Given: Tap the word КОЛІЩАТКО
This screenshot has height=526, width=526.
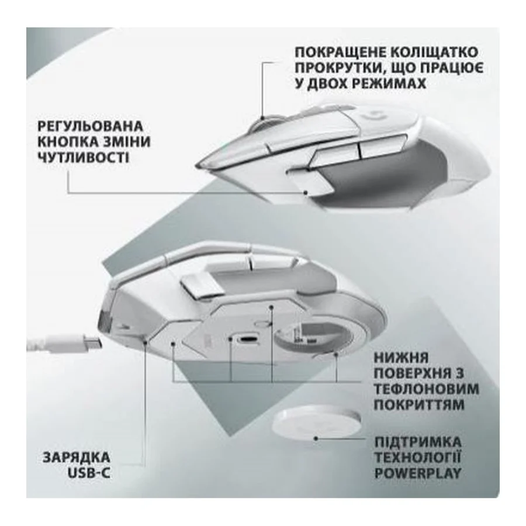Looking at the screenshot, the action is (x=435, y=53).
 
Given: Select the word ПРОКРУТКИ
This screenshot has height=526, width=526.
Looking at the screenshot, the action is (x=337, y=68).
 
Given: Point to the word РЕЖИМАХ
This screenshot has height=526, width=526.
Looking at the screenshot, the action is (x=389, y=84).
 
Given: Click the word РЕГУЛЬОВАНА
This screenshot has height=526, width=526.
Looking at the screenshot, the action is (x=90, y=126).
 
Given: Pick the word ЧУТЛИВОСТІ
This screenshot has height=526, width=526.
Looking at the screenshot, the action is (x=83, y=157).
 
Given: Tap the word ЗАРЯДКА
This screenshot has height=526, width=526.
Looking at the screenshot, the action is (x=77, y=458).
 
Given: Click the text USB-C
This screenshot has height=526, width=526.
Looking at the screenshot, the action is (x=89, y=473).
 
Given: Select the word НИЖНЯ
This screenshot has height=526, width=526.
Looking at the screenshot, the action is (x=401, y=358).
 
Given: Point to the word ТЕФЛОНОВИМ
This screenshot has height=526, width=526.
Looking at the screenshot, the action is (x=427, y=389).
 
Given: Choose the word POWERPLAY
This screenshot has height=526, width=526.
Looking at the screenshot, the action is (x=418, y=473).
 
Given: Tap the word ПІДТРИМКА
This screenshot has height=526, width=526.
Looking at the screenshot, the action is (x=418, y=442).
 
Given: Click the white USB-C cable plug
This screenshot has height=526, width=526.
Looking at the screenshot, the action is (x=75, y=344).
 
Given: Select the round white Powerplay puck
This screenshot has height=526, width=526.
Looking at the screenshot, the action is (x=316, y=423).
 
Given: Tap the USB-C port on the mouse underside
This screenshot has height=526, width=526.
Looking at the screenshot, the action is (x=248, y=339).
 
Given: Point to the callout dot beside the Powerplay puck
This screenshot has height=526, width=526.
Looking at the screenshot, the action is (x=316, y=438).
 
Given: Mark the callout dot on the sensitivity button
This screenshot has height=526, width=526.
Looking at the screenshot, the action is (x=305, y=192).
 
